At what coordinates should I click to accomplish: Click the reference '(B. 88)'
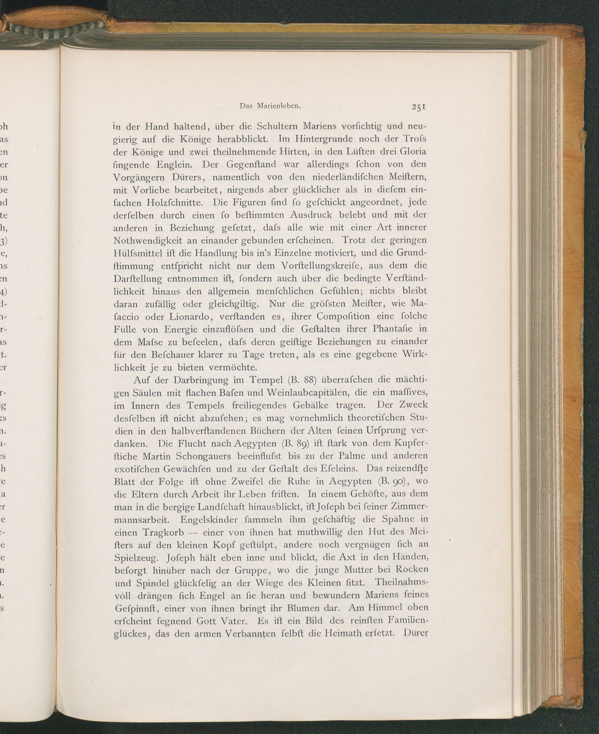click(302, 380)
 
